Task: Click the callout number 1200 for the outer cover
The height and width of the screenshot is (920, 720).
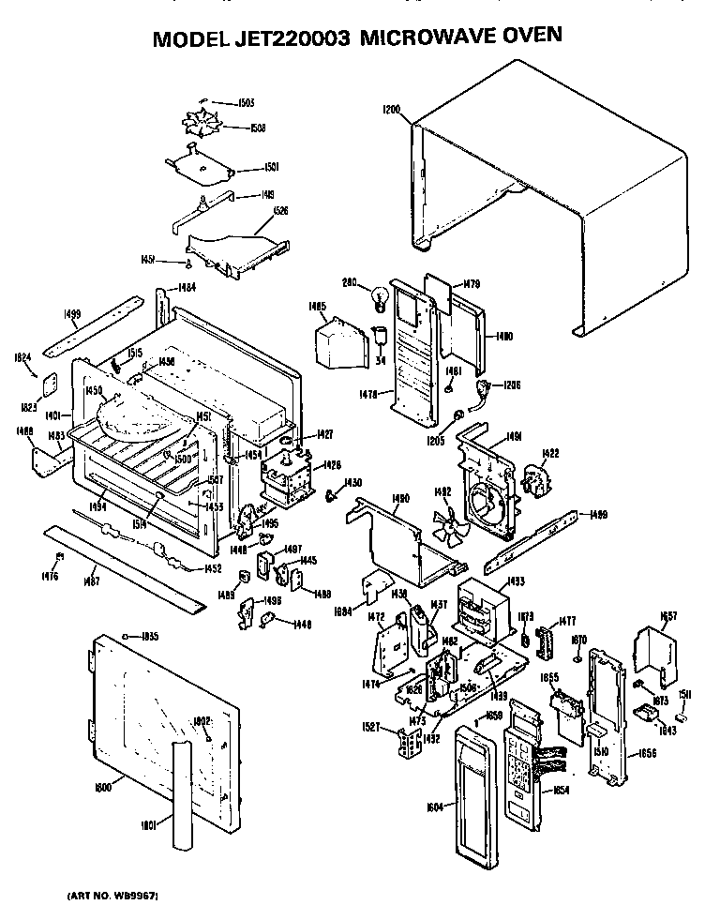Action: coord(391,110)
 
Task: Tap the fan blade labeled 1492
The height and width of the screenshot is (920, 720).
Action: coord(447,527)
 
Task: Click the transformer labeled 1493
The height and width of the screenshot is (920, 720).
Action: coord(481,609)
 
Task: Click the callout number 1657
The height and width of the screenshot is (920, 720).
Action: coord(667,616)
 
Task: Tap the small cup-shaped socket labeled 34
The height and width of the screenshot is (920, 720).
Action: coord(381,335)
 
